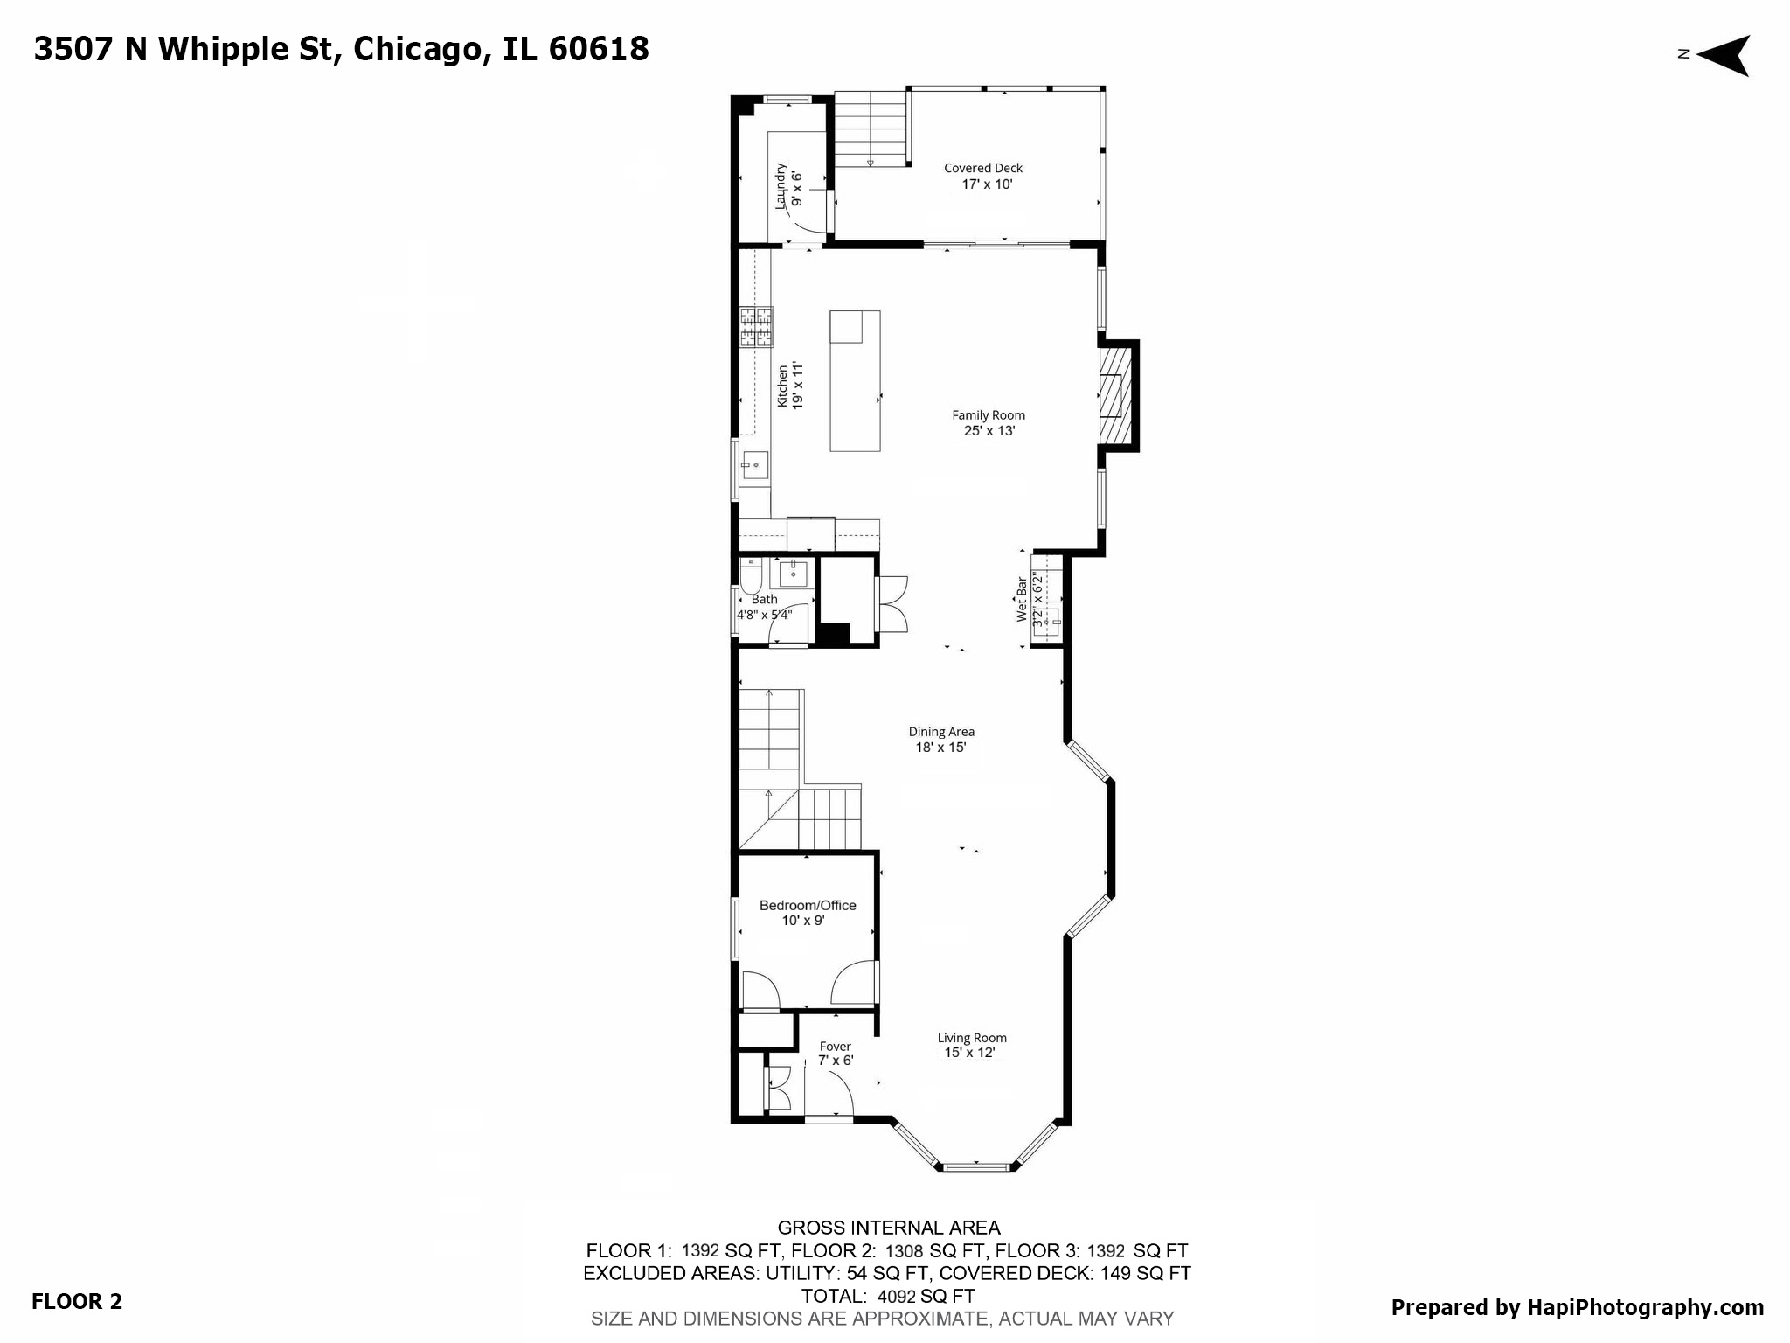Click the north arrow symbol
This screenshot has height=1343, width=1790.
[1724, 55]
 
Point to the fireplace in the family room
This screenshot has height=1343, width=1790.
[1114, 395]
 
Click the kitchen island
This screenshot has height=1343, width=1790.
[854, 381]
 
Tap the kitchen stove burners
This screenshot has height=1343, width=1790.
[756, 327]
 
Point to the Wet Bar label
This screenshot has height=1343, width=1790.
[1021, 599]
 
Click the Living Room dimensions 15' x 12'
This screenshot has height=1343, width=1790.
[969, 1053]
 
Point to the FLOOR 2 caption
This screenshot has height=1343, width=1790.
[77, 1301]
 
